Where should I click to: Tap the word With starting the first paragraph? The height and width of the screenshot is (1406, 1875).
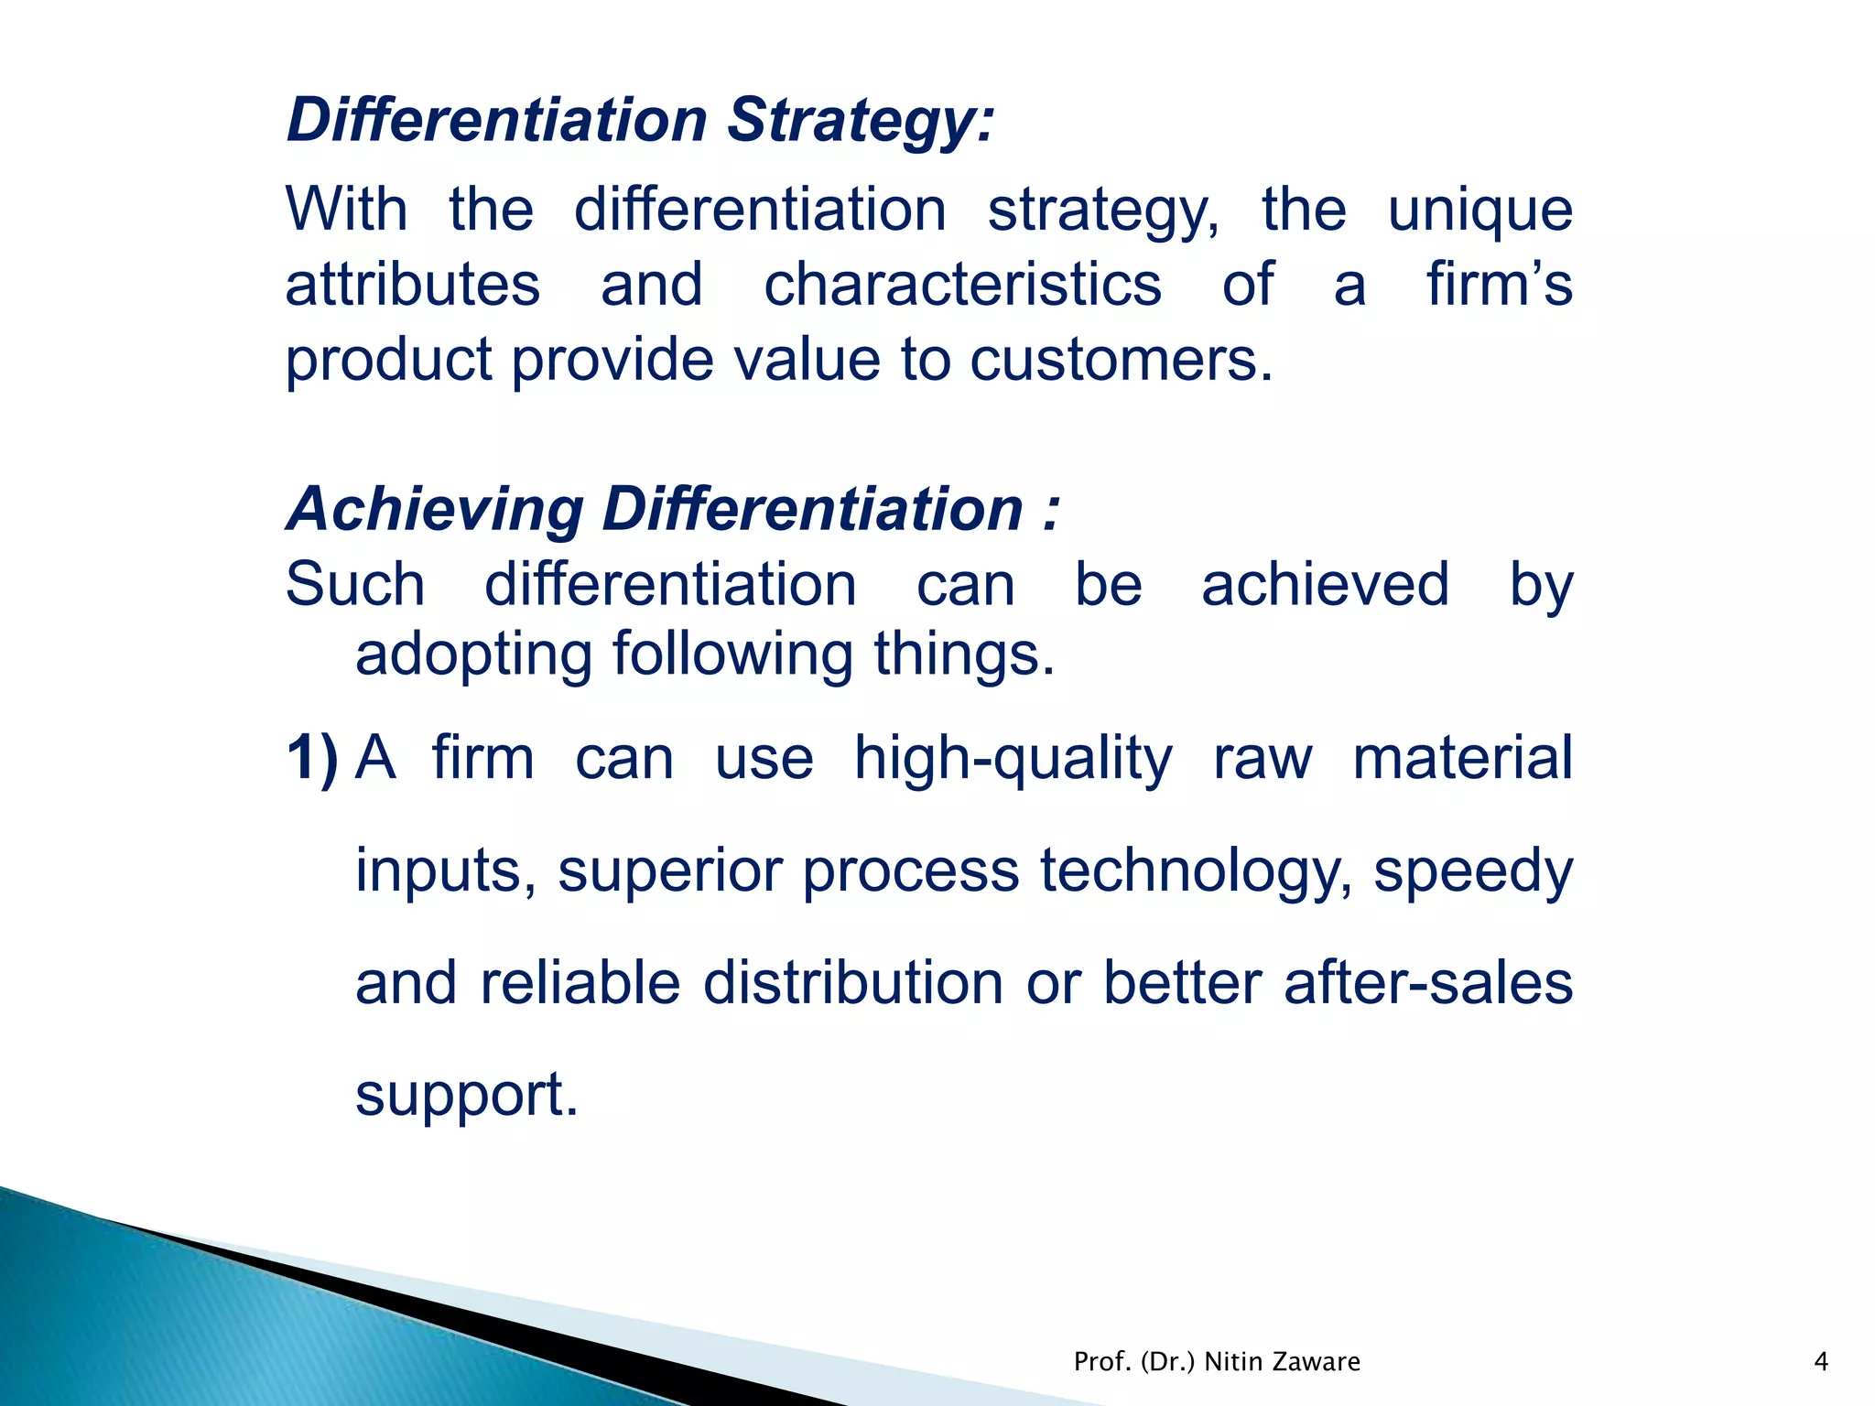346,210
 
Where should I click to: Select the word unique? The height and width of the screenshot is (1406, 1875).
1479,210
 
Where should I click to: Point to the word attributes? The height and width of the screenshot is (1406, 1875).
413,285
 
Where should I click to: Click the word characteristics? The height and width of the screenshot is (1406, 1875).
962,285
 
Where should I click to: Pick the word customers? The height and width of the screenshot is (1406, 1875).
1121,360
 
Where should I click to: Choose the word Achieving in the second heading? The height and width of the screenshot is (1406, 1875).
435,509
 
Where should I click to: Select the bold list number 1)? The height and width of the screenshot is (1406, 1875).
312,758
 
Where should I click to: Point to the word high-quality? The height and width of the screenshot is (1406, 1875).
1013,760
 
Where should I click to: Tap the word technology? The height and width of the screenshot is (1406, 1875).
1196,871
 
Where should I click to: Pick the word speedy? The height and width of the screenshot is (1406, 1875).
1473,871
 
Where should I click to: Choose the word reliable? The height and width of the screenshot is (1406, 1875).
580,983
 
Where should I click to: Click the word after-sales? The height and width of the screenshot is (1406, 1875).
1428,983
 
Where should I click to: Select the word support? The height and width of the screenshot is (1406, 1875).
467,1096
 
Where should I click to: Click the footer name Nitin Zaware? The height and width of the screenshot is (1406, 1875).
1282,1362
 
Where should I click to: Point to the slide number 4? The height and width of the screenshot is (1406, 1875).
1821,1362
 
